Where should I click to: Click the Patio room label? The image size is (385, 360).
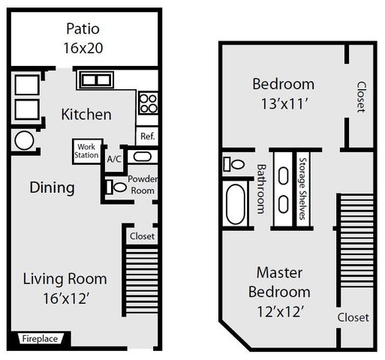pos(83,30)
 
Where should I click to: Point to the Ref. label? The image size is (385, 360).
pos(147,136)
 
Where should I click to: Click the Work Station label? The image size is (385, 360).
pos(86,151)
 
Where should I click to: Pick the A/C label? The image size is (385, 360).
pos(114,159)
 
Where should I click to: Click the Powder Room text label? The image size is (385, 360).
pos(141,184)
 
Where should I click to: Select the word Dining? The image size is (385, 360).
pos(52,187)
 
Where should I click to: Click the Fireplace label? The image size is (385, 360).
pos(39,338)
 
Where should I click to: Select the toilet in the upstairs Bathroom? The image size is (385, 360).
pos(234,163)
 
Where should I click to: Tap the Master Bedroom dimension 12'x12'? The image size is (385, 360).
pos(283,310)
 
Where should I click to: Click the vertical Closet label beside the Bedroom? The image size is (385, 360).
pos(361,97)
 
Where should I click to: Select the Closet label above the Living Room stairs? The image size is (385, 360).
pos(142,235)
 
